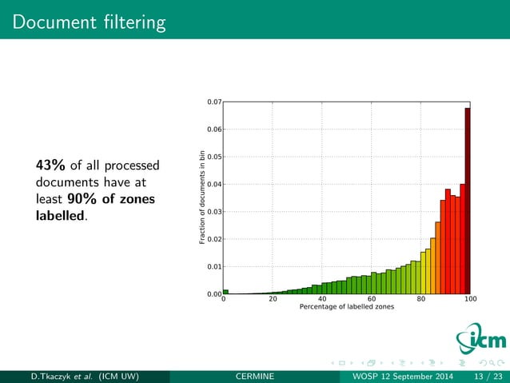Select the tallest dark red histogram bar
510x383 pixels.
[468, 200]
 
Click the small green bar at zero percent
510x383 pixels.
[225, 292]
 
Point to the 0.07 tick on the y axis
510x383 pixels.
[213, 102]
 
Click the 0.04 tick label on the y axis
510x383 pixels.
[213, 185]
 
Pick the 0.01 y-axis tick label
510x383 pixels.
[213, 267]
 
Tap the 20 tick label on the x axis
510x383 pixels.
[273, 300]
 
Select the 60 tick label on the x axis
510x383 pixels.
[371, 300]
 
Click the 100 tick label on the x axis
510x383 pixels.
[469, 300]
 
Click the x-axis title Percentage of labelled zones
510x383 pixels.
[346, 308]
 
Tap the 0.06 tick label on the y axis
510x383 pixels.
[213, 130]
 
